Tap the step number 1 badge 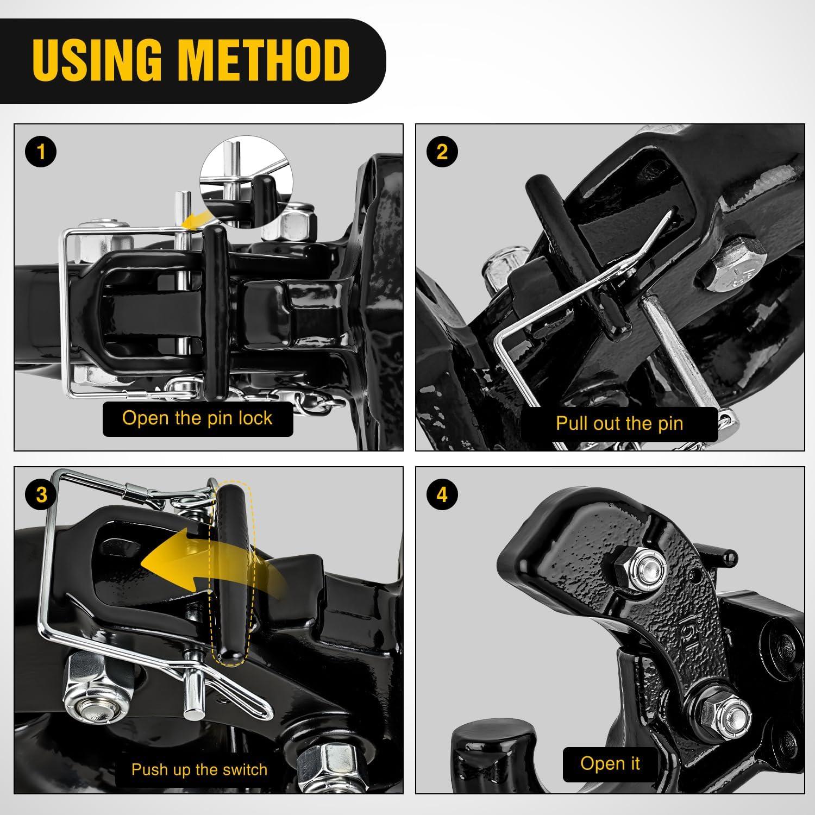[41, 152]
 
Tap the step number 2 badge [442, 152]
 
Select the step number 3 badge [41, 495]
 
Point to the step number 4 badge [442, 495]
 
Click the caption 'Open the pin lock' [197, 418]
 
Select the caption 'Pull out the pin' [619, 423]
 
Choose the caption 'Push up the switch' [199, 769]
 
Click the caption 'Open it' [610, 763]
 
